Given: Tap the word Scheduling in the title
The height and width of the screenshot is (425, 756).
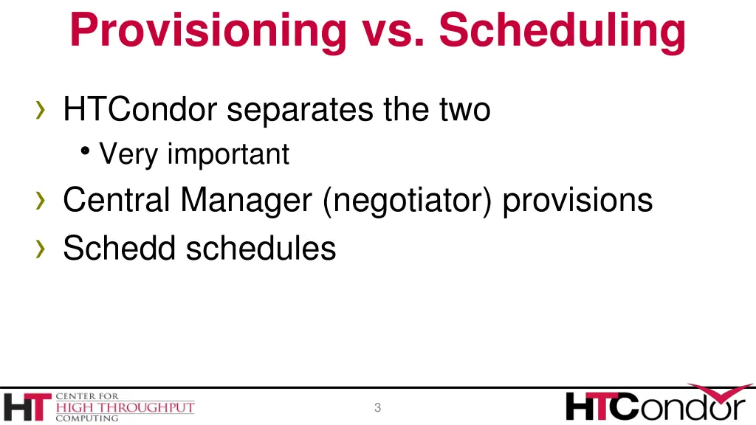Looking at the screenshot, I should pyautogui.click(x=562, y=31).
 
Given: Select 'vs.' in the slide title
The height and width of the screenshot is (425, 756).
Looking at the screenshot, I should pyautogui.click(x=393, y=31).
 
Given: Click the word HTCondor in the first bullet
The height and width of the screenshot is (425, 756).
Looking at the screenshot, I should pyautogui.click(x=140, y=110).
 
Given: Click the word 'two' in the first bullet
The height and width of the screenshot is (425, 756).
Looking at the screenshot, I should pyautogui.click(x=464, y=110).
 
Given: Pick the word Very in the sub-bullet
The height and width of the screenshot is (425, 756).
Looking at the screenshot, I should pyautogui.click(x=129, y=154).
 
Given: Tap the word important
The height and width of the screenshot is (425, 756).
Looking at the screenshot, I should pyautogui.click(x=228, y=154).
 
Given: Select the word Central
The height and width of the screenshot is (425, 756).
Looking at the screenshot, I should pyautogui.click(x=117, y=200).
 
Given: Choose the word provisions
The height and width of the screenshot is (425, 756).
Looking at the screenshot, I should pyautogui.click(x=577, y=200).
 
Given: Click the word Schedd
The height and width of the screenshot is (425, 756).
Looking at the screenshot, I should pyautogui.click(x=119, y=248).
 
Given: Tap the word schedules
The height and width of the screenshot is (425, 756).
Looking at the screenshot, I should pyautogui.click(x=261, y=248).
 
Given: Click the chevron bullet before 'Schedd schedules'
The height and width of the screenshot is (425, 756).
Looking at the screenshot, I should pyautogui.click(x=41, y=249).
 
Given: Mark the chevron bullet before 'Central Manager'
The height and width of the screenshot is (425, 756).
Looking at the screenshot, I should pyautogui.click(x=41, y=201).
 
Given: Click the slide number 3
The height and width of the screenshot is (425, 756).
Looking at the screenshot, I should pyautogui.click(x=377, y=407).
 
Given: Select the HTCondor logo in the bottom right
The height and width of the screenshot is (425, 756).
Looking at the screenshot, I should pyautogui.click(x=656, y=404).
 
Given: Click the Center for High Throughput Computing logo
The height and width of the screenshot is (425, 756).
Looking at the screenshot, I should pyautogui.click(x=99, y=407).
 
